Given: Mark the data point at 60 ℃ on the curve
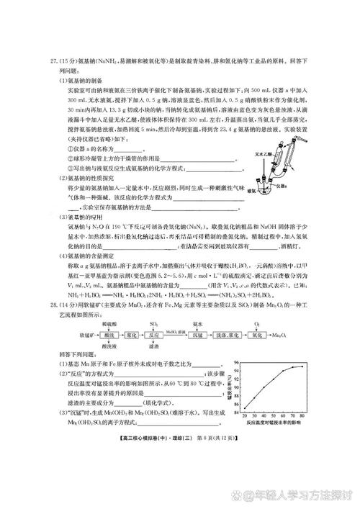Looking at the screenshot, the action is [282, 369].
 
